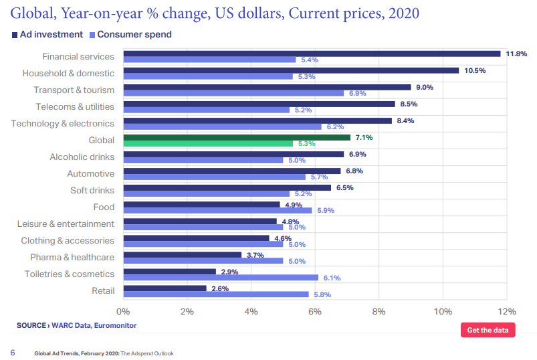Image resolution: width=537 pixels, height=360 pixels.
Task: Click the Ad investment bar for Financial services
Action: (x=312, y=54)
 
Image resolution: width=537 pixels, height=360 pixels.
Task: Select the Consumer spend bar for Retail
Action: (x=216, y=294)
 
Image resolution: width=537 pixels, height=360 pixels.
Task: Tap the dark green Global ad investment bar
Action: (x=237, y=137)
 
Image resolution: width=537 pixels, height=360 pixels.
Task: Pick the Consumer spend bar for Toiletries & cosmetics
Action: (x=221, y=278)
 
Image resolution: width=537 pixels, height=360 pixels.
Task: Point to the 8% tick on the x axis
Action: (x=379, y=311)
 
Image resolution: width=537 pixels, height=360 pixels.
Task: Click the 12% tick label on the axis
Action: (x=507, y=311)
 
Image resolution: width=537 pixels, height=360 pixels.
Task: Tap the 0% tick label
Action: (x=123, y=311)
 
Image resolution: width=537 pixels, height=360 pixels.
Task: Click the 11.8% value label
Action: (x=516, y=54)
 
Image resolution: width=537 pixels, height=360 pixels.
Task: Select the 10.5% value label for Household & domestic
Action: (x=475, y=70)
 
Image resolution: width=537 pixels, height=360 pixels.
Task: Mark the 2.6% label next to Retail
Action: (x=219, y=288)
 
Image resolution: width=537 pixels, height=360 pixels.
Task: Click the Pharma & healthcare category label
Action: (x=72, y=258)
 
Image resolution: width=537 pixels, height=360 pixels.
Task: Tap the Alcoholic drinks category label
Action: (x=82, y=157)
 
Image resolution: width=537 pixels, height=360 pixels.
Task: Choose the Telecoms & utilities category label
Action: (x=75, y=107)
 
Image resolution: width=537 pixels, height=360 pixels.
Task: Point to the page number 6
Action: (x=12, y=353)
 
